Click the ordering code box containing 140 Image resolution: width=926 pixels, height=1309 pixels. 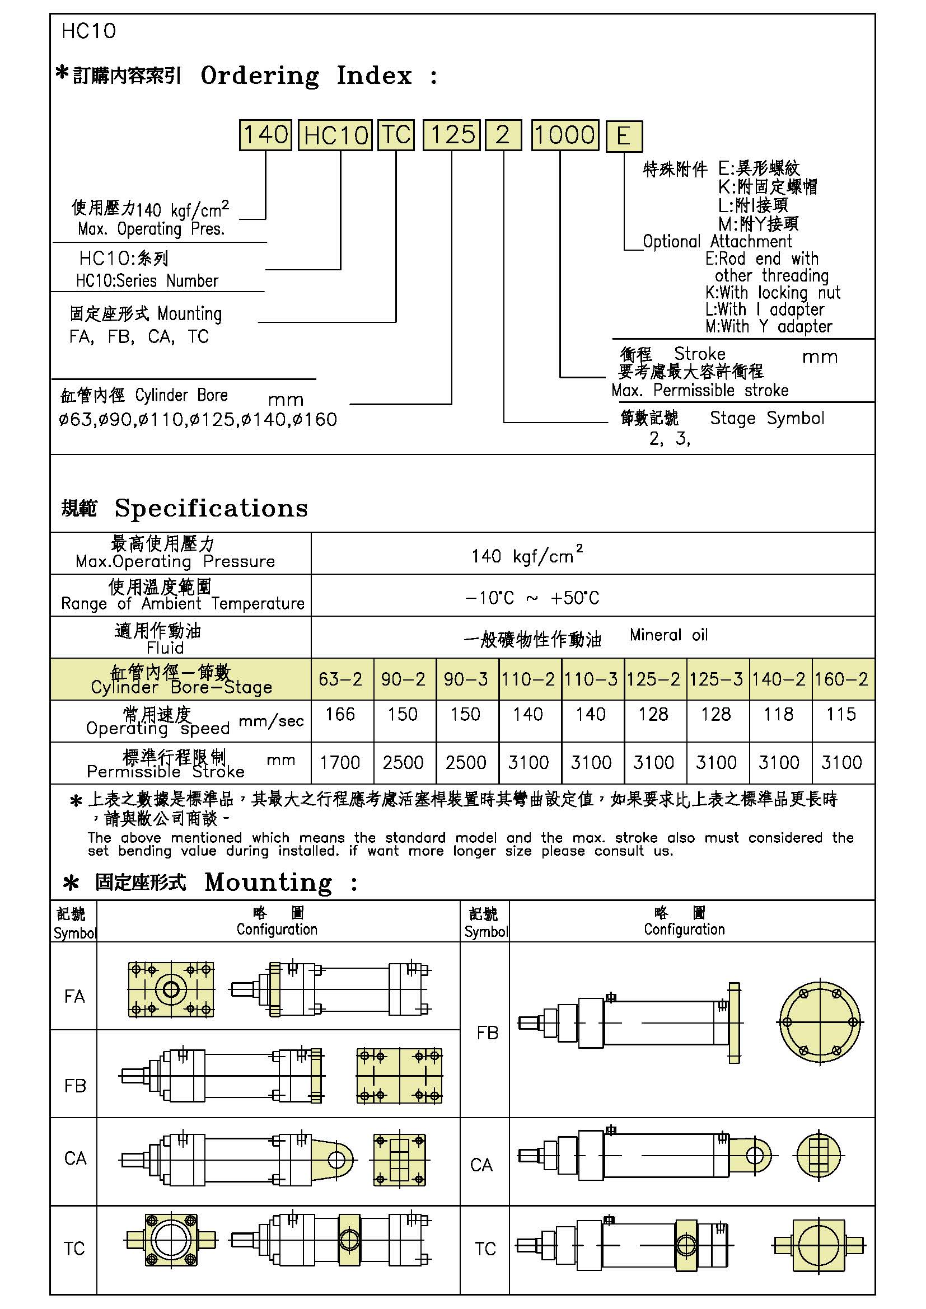pos(265,135)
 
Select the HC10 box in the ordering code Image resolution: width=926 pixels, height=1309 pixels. pos(335,135)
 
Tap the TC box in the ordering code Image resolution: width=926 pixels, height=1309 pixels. pos(396,135)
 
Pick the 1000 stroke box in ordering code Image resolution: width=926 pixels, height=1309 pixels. pos(564,135)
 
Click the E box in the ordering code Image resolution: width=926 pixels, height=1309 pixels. pos(623,136)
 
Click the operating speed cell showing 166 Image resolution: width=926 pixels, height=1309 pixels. pos(340,714)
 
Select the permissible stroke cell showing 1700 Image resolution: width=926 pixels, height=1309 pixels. pos(340,762)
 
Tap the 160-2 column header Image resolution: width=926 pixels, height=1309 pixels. pos(841,679)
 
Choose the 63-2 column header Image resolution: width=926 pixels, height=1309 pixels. pos(340,679)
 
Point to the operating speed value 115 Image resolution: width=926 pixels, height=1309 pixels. pos(841,714)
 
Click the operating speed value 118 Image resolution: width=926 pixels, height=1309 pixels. pos(778,714)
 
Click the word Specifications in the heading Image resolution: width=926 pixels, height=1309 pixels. pos(211,508)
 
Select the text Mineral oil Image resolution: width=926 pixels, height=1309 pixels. pos(668,635)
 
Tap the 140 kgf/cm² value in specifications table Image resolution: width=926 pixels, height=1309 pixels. pos(526,555)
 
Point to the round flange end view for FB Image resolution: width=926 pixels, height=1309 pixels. pos(820,1022)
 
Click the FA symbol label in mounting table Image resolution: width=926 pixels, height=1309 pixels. pos(74,996)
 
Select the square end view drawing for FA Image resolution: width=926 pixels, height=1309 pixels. pos(171,988)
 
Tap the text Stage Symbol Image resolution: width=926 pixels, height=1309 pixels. pos(767,418)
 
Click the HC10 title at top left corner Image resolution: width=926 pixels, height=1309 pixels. pos(88,31)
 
